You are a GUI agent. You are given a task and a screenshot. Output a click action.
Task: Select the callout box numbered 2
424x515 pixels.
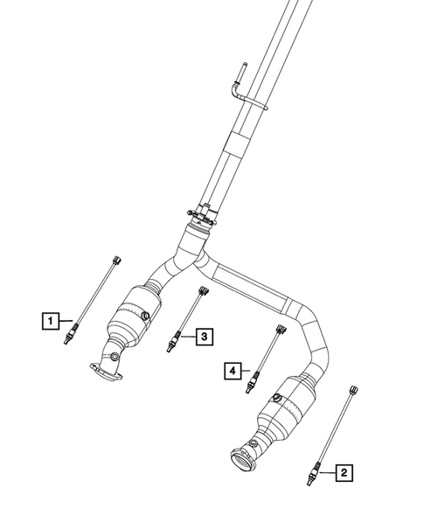pyautogui.click(x=345, y=473)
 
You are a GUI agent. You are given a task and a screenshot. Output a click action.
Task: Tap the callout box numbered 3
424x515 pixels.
pyautogui.click(x=203, y=336)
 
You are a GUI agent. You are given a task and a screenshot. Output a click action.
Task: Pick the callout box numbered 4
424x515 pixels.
pyautogui.click(x=232, y=372)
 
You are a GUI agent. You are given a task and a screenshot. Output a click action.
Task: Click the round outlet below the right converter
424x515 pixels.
pyautogui.click(x=241, y=457)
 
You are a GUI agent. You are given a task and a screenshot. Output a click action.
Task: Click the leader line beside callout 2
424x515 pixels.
pyautogui.click(x=327, y=472)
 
